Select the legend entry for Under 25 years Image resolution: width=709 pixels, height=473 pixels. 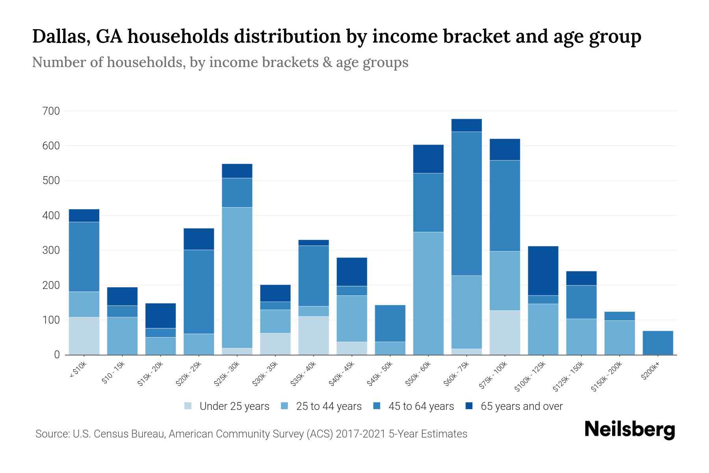pos(234,406)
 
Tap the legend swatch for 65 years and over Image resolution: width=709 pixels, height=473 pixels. pos(469,406)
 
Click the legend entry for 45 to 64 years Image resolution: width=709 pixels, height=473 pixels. pos(421,406)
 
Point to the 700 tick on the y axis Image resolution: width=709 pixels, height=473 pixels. pos(51,111)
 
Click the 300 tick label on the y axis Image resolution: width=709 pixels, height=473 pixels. pos(51,250)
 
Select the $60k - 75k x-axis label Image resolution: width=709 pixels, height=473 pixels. pos(457,374)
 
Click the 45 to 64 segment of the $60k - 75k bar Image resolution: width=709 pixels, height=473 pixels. pos(466,203)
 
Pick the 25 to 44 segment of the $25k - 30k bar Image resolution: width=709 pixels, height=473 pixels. pos(237,277)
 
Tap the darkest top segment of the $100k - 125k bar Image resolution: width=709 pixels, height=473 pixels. pos(543,271)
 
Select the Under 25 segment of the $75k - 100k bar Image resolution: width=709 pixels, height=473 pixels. pos(505,333)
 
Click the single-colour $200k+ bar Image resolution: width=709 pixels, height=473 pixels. pos(657,343)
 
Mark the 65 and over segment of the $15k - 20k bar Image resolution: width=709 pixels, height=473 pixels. pos(160,316)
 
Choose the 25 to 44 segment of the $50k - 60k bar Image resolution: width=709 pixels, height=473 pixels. pos(428,293)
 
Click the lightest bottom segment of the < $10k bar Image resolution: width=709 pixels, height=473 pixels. pos(84,336)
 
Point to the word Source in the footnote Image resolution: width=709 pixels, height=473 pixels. pos(51,434)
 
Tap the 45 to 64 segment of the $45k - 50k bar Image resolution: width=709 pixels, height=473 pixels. pos(390,323)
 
